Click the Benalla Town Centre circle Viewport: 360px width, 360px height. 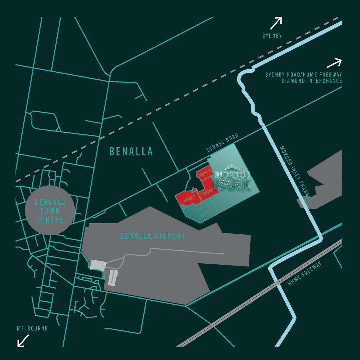click(x=50, y=211)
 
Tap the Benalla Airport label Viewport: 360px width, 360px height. click(x=153, y=236)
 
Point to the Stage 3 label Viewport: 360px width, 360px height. click(x=206, y=173)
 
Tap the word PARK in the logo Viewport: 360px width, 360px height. click(x=232, y=183)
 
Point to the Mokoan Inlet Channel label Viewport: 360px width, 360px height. click(x=296, y=173)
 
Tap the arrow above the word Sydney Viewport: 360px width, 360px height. click(x=276, y=23)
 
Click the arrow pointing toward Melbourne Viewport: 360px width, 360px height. click(x=23, y=341)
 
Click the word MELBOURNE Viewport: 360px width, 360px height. click(x=32, y=329)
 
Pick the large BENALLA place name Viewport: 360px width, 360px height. click(x=131, y=151)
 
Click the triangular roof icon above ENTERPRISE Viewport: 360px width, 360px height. click(x=232, y=167)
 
